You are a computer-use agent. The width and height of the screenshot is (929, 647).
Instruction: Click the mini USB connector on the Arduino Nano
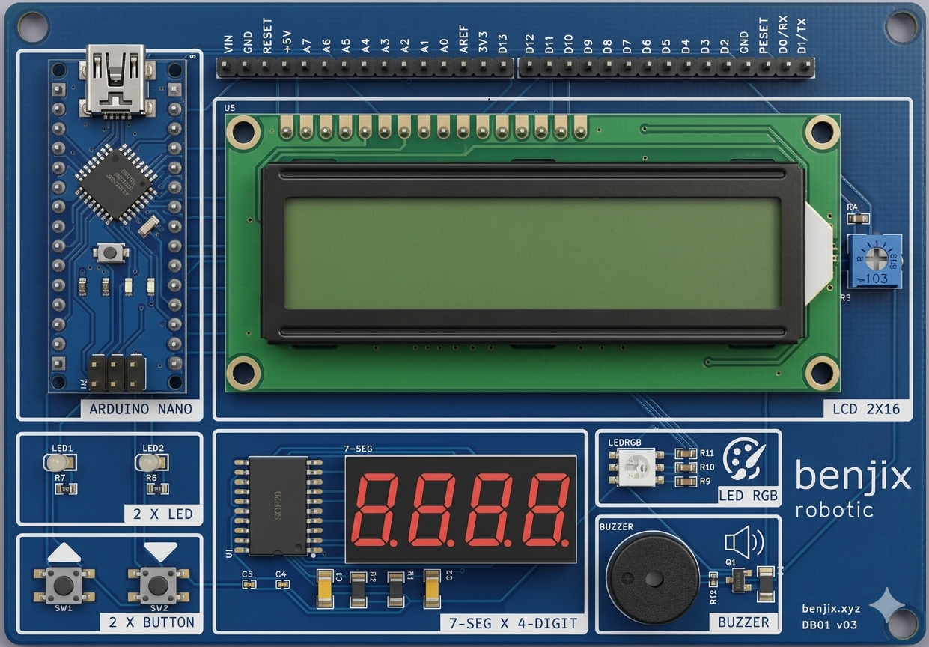point(115,78)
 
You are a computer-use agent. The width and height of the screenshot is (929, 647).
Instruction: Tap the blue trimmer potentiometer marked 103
point(874,261)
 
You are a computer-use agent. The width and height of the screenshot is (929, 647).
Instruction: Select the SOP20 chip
point(278,505)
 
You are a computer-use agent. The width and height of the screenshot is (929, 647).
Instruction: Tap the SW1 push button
point(64,583)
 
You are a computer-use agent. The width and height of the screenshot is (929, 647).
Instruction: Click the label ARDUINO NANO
point(140,409)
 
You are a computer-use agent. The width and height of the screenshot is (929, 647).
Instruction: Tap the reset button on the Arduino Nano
point(111,252)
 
